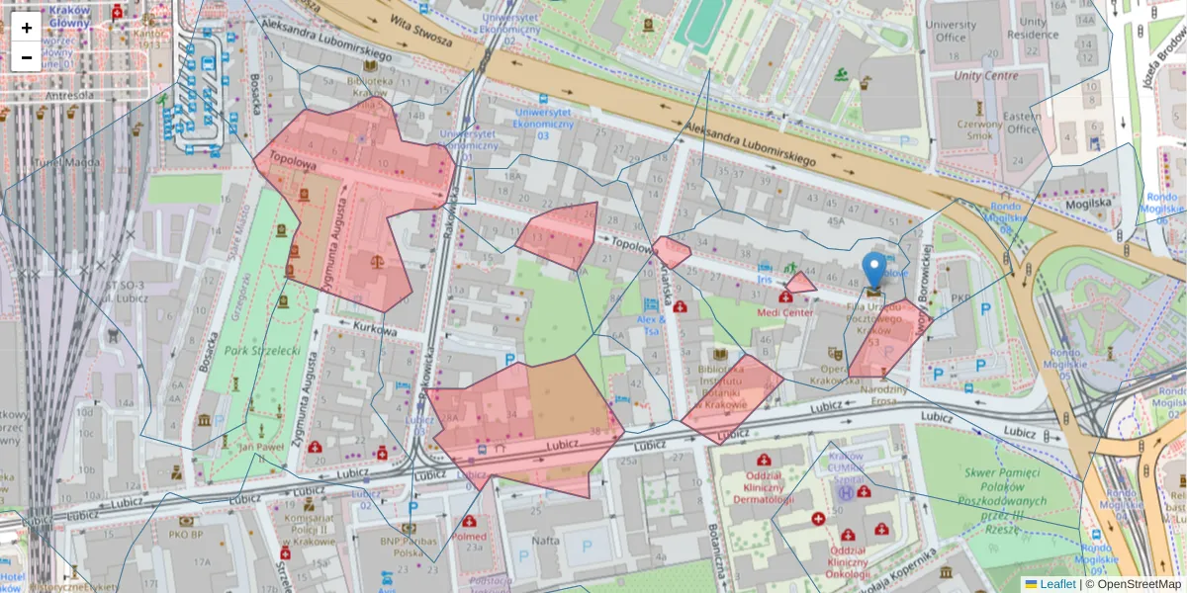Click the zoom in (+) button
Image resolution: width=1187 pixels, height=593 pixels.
click(27, 28)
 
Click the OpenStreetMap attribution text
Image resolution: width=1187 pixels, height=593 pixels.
click(1138, 584)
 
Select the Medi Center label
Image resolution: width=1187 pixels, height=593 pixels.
click(784, 312)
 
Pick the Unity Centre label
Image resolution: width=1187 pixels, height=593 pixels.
click(985, 75)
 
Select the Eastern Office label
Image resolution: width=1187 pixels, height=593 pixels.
click(1022, 123)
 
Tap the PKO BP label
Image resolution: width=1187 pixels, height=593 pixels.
click(185, 535)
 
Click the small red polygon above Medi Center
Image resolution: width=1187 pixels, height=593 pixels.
click(800, 284)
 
